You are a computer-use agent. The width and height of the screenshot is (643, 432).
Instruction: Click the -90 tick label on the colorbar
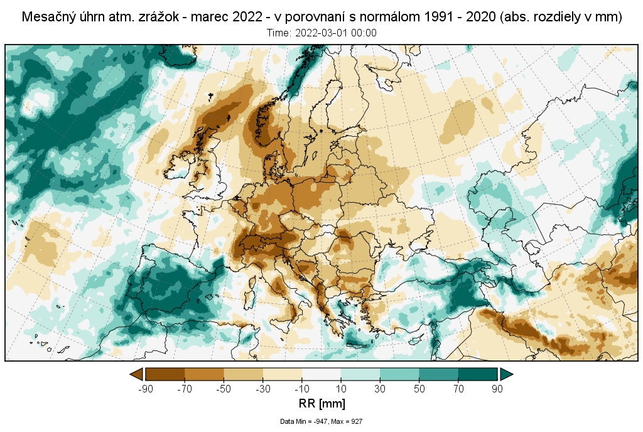tap(144, 389)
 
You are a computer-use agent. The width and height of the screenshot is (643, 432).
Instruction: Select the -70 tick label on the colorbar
tap(184, 389)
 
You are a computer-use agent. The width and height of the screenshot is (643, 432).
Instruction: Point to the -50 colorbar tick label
tap(224, 389)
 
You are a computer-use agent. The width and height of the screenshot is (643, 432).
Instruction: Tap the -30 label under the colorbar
tap(262, 389)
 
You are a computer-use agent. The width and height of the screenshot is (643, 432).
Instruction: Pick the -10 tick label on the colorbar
tap(302, 389)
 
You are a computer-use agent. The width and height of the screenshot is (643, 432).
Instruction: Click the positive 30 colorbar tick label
tap(380, 389)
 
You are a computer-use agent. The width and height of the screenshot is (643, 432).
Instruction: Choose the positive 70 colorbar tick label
tap(458, 389)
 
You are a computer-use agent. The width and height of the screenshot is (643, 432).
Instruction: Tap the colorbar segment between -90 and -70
tap(165, 374)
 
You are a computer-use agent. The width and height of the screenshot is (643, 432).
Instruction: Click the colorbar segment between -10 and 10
tap(321, 374)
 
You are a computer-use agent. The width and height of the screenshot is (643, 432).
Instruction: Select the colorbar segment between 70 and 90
tap(478, 374)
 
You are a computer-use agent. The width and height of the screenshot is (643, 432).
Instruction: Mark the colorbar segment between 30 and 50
tap(399, 374)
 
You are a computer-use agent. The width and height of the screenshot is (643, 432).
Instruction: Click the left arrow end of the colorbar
tap(136, 374)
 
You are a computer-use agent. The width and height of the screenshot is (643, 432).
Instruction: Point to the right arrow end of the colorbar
tap(506, 374)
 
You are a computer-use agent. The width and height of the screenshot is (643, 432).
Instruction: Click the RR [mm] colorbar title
tap(321, 403)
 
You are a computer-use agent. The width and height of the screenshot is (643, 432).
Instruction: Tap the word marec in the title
tap(206, 18)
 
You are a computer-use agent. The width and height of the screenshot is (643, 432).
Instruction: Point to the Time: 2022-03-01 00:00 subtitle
tap(321, 33)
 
